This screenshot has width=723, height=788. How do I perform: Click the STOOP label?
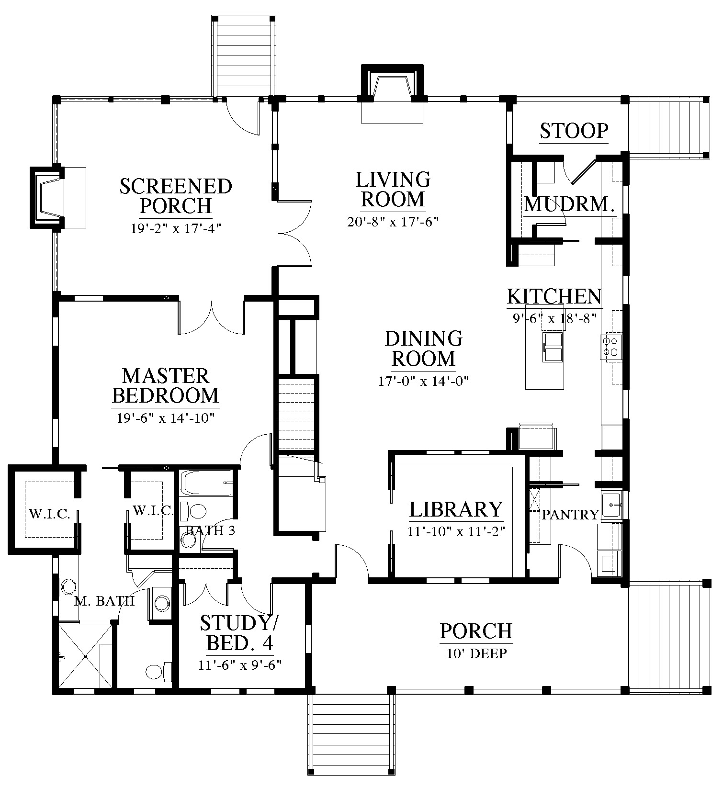574,130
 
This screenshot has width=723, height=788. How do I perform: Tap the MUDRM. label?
569,204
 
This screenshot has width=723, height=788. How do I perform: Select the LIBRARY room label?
456,509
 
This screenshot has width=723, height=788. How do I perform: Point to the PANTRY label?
570,515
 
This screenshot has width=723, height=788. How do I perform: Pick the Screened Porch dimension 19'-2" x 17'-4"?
176,228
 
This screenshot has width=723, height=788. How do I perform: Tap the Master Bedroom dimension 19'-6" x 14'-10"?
165,418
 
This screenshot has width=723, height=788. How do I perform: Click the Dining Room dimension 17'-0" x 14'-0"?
423,381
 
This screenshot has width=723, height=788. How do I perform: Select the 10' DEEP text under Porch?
476,653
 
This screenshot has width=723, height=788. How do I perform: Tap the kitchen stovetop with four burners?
611,347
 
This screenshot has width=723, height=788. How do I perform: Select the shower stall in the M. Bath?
85,655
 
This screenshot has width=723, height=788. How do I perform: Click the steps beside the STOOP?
669,127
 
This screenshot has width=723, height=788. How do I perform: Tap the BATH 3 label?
210,530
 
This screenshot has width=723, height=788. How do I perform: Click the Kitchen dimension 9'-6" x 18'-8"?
554,318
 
